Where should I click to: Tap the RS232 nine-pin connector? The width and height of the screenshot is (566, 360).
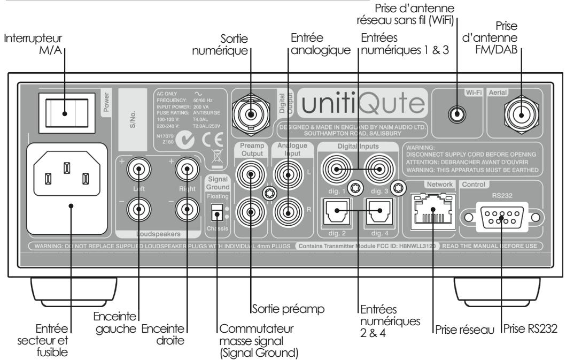click(x=501, y=218)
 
